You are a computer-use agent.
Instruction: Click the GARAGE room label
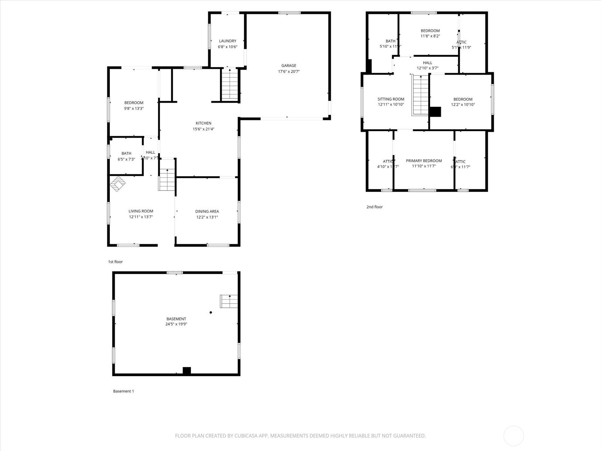[289, 66]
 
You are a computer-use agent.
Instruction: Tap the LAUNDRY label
[228, 41]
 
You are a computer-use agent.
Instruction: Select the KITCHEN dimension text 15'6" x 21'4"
[204, 129]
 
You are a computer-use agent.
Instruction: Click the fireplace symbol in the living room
[118, 184]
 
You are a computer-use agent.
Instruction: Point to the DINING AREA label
[207, 211]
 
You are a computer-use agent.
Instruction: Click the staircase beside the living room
[167, 180]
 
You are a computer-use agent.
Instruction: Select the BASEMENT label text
[176, 319]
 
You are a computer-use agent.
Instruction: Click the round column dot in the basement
[211, 312]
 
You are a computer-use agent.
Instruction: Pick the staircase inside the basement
[229, 301]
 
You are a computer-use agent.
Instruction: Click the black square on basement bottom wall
[187, 371]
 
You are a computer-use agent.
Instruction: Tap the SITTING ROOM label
[391, 99]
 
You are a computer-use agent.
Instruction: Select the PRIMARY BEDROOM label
[424, 160]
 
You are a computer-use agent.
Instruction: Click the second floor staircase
[421, 95]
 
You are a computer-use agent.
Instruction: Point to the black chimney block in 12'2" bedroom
[435, 112]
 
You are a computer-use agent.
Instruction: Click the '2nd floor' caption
[374, 207]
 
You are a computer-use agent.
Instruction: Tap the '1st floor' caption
[115, 262]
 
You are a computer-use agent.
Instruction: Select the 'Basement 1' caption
[123, 391]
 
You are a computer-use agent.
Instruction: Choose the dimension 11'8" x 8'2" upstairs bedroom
[430, 36]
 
